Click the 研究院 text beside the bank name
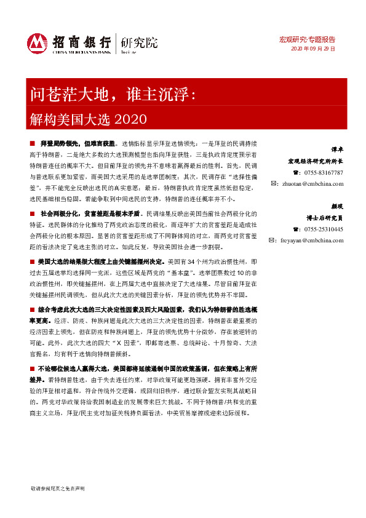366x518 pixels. point(139,42)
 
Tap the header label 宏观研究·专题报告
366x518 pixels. point(312,39)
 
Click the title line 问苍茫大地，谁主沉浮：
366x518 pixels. point(113,94)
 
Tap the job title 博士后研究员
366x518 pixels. point(325,218)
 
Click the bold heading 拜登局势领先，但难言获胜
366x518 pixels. point(77,141)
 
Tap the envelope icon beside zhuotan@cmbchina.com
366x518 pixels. point(275,183)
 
